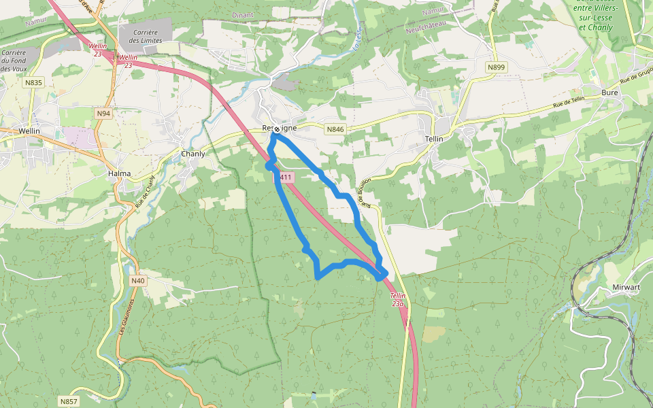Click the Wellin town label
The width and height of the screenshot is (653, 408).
click(x=29, y=131)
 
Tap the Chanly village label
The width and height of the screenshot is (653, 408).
click(x=193, y=154)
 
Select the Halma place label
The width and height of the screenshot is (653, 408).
click(x=119, y=174)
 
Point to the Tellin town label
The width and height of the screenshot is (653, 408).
click(x=433, y=139)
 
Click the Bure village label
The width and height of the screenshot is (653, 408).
click(x=609, y=92)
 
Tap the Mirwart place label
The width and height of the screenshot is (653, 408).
click(x=626, y=287)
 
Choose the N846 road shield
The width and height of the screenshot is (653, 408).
click(x=335, y=129)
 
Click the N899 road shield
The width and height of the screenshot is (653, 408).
click(x=497, y=67)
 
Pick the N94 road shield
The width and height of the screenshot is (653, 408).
click(x=103, y=113)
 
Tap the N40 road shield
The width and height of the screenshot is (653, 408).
click(x=138, y=280)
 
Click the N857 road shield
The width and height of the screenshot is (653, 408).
click(x=68, y=401)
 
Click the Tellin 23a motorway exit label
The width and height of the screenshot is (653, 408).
click(x=399, y=300)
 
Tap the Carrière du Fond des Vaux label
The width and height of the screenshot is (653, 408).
click(x=14, y=61)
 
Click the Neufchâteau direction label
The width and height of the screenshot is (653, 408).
click(x=424, y=26)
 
